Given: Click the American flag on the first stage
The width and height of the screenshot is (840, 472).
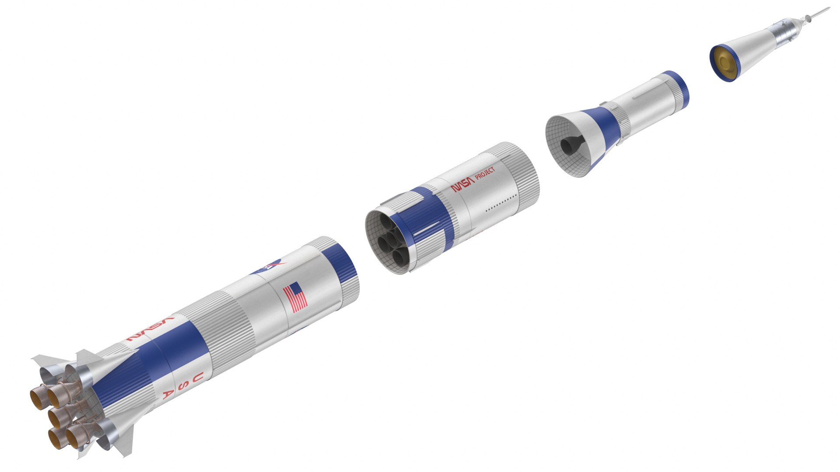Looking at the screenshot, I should click(x=295, y=297).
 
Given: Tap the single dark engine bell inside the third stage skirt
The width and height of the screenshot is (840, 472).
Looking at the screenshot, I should click(x=569, y=146).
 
